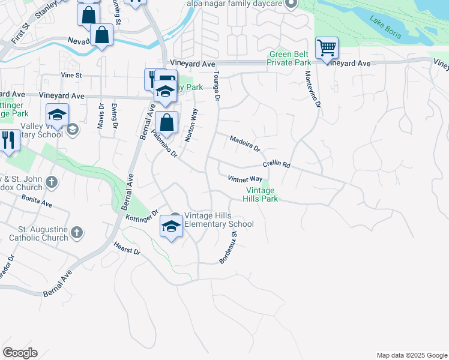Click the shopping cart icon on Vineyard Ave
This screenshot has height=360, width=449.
click(327, 48)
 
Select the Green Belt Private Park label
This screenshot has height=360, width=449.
click(289, 58)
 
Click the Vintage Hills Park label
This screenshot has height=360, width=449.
click(261, 194)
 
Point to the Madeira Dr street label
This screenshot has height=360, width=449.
click(244, 143)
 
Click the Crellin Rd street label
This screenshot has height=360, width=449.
click(276, 164)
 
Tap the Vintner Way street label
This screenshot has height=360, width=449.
click(245, 178)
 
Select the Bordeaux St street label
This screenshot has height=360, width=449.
click(229, 248)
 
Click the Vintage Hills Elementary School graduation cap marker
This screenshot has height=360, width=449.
click(171, 227)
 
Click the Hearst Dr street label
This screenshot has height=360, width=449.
click(127, 248)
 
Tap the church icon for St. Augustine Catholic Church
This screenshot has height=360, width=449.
click(77, 232)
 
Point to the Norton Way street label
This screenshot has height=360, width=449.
click(191, 124)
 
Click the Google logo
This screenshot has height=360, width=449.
click(20, 353)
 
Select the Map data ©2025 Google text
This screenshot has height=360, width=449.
click(411, 355)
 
